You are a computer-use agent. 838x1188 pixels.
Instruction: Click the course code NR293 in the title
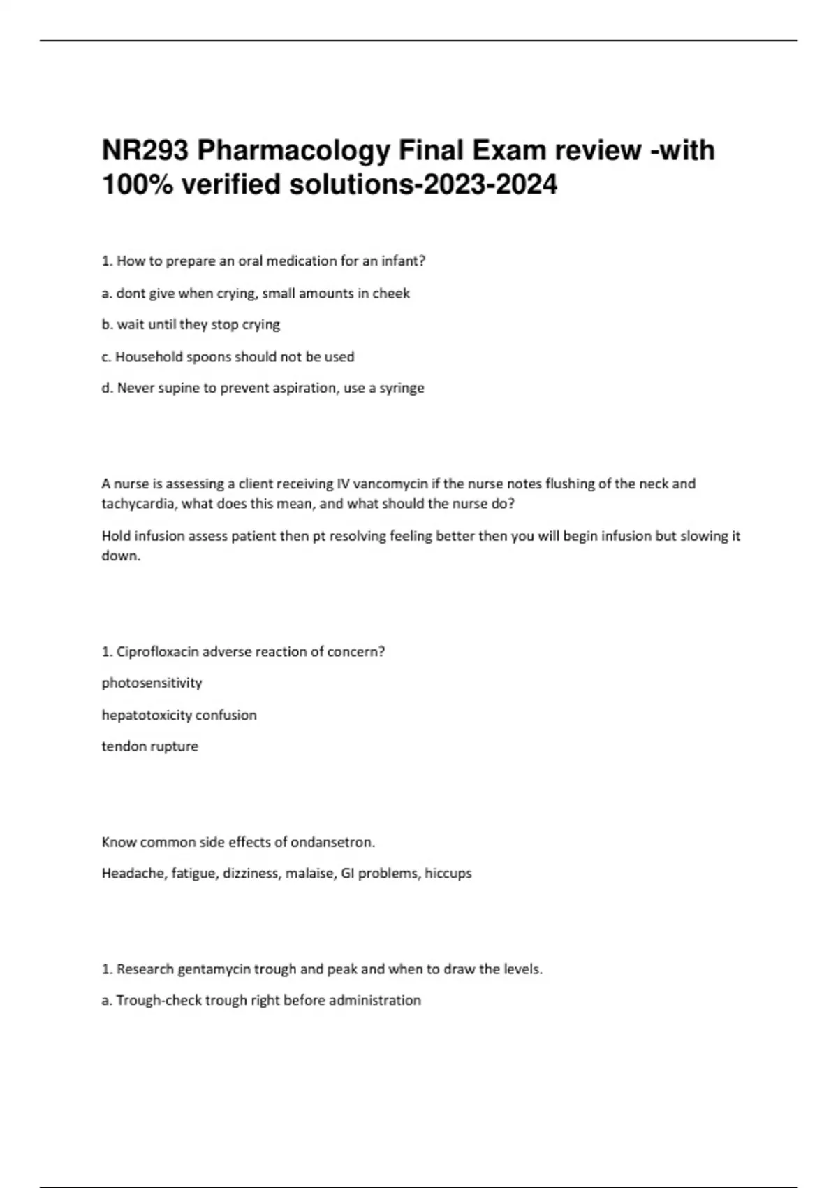[x=145, y=150]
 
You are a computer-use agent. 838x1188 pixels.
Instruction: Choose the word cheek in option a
[x=391, y=294]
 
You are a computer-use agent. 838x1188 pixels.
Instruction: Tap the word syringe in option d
[x=402, y=388]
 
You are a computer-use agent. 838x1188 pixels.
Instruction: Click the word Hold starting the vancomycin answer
[x=116, y=536]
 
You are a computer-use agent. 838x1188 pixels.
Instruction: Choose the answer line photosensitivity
[x=152, y=683]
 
